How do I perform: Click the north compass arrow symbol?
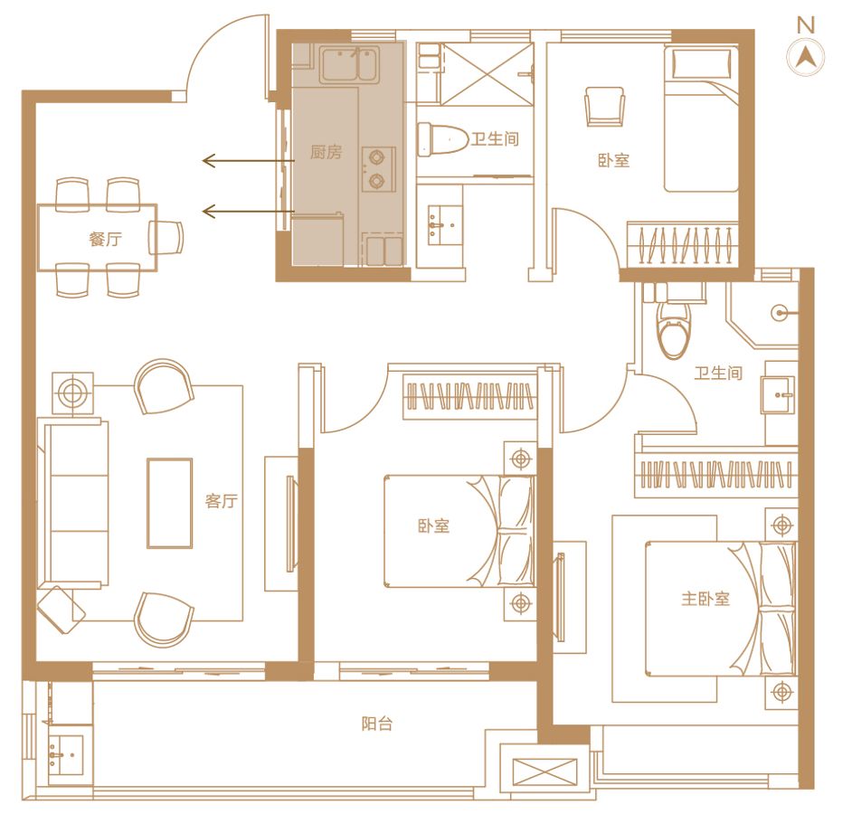point(806,57)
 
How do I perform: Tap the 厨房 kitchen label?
point(326,152)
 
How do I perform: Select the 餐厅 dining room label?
point(106,239)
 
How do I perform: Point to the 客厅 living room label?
point(222,500)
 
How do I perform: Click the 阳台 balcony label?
point(377,724)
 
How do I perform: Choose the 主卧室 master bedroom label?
point(705,598)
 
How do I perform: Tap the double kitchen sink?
point(349,65)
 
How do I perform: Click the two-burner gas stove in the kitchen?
point(378,168)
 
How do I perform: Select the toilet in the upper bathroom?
point(443,139)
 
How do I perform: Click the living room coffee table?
point(169,503)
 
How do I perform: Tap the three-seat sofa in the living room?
point(73,503)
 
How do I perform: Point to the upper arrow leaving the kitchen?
point(249,161)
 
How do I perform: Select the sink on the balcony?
point(65,754)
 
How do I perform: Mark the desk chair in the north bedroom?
point(605,107)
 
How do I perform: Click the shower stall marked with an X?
point(487,74)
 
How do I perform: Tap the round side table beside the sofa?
point(73,393)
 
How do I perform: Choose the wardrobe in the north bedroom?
point(683,244)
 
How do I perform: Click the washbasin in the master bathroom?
point(779,395)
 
